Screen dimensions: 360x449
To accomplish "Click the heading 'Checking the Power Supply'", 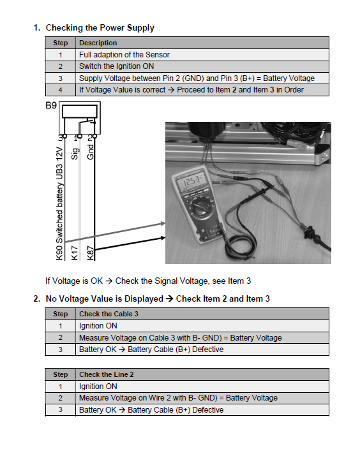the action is [x=100, y=28].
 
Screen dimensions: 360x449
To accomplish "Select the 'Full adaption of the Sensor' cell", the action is [x=124, y=55].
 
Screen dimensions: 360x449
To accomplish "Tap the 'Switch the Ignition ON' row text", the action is [x=116, y=66].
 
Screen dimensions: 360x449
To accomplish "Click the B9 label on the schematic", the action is [x=51, y=106].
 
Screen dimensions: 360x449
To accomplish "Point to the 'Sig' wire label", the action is [x=75, y=154].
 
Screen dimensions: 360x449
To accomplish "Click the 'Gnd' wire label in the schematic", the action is [x=90, y=152].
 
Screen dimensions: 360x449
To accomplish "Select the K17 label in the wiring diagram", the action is [x=74, y=253].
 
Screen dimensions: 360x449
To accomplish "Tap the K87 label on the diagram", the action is [x=90, y=253].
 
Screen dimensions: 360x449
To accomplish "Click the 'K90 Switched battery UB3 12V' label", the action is [x=59, y=203].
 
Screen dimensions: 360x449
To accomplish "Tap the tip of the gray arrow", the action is [x=165, y=223].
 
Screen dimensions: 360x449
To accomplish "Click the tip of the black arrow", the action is [x=165, y=238].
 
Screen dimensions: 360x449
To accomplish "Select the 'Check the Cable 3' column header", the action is [x=109, y=314].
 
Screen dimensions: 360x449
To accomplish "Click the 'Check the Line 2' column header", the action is [x=107, y=374].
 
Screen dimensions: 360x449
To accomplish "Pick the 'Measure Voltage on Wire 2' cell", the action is [x=178, y=398].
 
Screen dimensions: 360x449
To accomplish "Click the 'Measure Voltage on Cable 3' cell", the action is [x=180, y=338].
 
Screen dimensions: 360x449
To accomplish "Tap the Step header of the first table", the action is [x=60, y=43].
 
